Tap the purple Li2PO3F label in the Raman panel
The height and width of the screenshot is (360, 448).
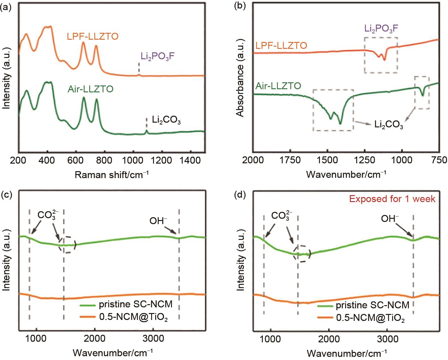point(157,56)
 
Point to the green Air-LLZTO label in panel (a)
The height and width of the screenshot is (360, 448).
point(90,89)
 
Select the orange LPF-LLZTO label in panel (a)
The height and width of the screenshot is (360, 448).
point(92,36)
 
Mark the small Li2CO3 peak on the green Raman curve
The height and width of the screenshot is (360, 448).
point(146,131)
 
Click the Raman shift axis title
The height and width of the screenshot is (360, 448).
point(111,174)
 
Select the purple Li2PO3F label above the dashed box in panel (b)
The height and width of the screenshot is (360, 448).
point(381,29)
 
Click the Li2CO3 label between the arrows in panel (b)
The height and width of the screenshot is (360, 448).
point(388,125)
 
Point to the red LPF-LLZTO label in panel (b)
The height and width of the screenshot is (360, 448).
point(281,45)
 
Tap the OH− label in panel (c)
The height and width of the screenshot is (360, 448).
point(158,221)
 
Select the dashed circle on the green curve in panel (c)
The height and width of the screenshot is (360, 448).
point(67,245)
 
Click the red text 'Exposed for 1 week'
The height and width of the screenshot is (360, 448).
point(392,199)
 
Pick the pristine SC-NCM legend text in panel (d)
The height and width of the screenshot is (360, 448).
point(372,305)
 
